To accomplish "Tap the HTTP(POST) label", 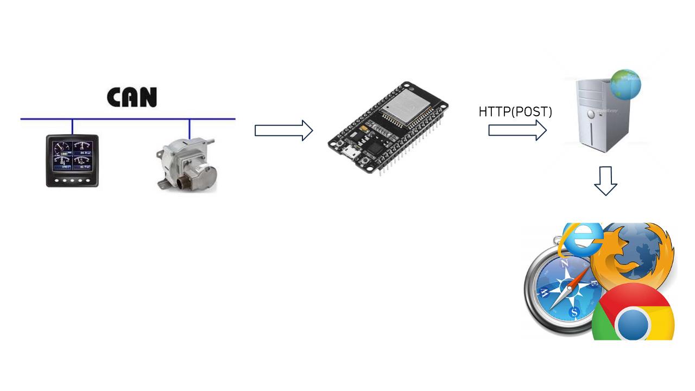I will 515,112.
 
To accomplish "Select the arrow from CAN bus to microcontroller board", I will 283,130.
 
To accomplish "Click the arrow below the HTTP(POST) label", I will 517,130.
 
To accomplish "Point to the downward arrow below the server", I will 605,181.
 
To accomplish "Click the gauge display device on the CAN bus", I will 72,161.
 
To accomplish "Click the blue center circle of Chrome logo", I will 633,325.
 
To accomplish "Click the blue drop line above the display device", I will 72,127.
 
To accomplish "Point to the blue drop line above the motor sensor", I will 189,128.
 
